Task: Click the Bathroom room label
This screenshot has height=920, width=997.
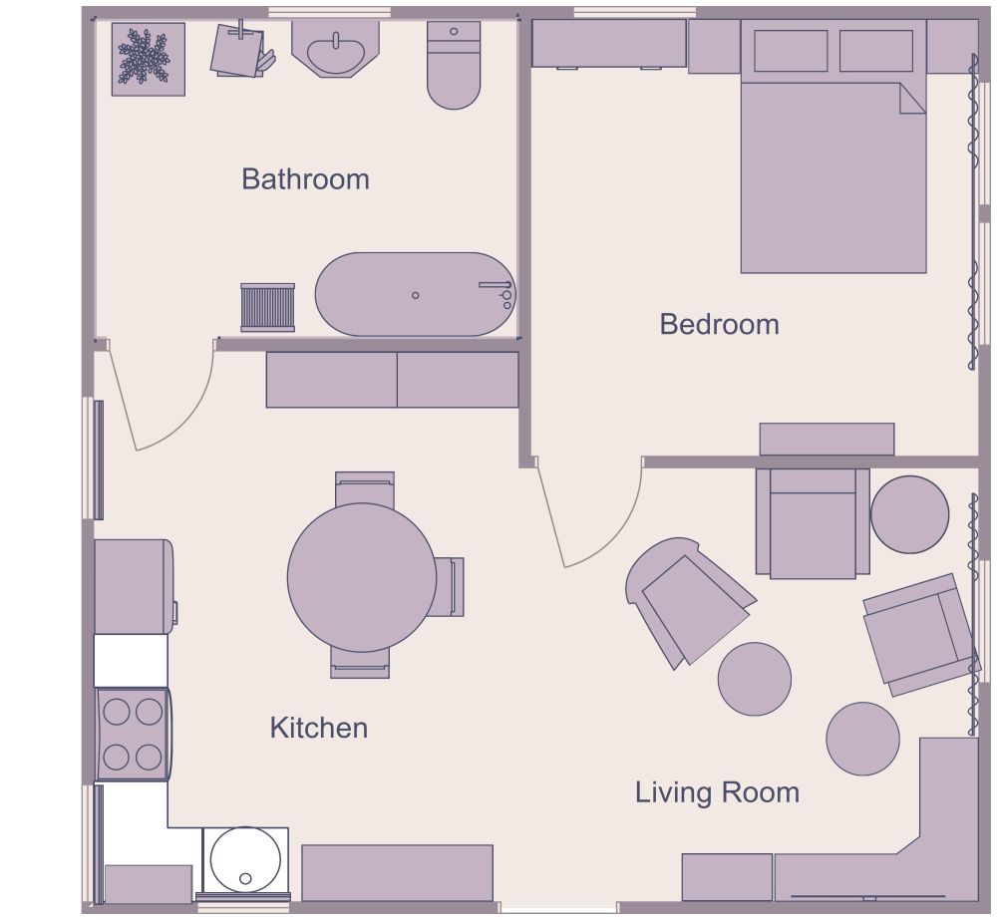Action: point(305,179)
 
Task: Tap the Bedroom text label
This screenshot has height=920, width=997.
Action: point(719,324)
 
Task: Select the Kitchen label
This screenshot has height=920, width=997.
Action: point(318,728)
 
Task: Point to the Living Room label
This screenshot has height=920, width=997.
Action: point(717,792)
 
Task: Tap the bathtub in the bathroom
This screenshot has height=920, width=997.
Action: point(414,295)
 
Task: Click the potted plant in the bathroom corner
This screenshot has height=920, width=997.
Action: point(148,59)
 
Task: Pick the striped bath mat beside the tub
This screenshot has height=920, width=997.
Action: point(267,307)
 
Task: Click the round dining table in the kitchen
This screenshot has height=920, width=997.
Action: point(361,577)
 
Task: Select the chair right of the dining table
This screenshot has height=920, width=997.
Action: point(450,586)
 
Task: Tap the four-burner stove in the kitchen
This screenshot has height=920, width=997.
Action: point(133,735)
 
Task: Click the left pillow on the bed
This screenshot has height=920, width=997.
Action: point(790,51)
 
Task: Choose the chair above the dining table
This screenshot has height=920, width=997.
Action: point(364,487)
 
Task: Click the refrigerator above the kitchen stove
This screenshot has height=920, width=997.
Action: point(134,586)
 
